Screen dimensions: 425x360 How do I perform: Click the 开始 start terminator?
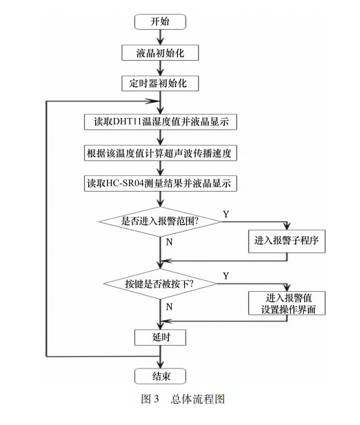(160, 21)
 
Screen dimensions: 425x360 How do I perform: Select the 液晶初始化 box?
(160, 52)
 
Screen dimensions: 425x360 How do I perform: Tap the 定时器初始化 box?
(160, 83)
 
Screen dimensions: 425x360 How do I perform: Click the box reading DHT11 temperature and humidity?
(161, 122)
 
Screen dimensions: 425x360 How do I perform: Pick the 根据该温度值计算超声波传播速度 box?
(161, 153)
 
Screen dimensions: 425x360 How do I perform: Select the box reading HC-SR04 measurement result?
(161, 184)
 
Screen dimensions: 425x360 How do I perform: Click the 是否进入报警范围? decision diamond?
(160, 221)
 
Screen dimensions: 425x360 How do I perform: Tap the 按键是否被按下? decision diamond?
(160, 284)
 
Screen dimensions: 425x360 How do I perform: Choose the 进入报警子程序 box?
(285, 240)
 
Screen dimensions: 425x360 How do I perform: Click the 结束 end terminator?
(160, 375)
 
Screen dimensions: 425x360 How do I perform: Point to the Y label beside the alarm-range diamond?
(226, 215)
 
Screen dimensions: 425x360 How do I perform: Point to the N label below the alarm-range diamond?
(170, 242)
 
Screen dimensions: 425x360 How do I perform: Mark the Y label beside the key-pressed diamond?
(226, 277)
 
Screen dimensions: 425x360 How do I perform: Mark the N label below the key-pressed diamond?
(170, 304)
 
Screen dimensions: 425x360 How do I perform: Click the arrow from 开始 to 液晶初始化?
(160, 37)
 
